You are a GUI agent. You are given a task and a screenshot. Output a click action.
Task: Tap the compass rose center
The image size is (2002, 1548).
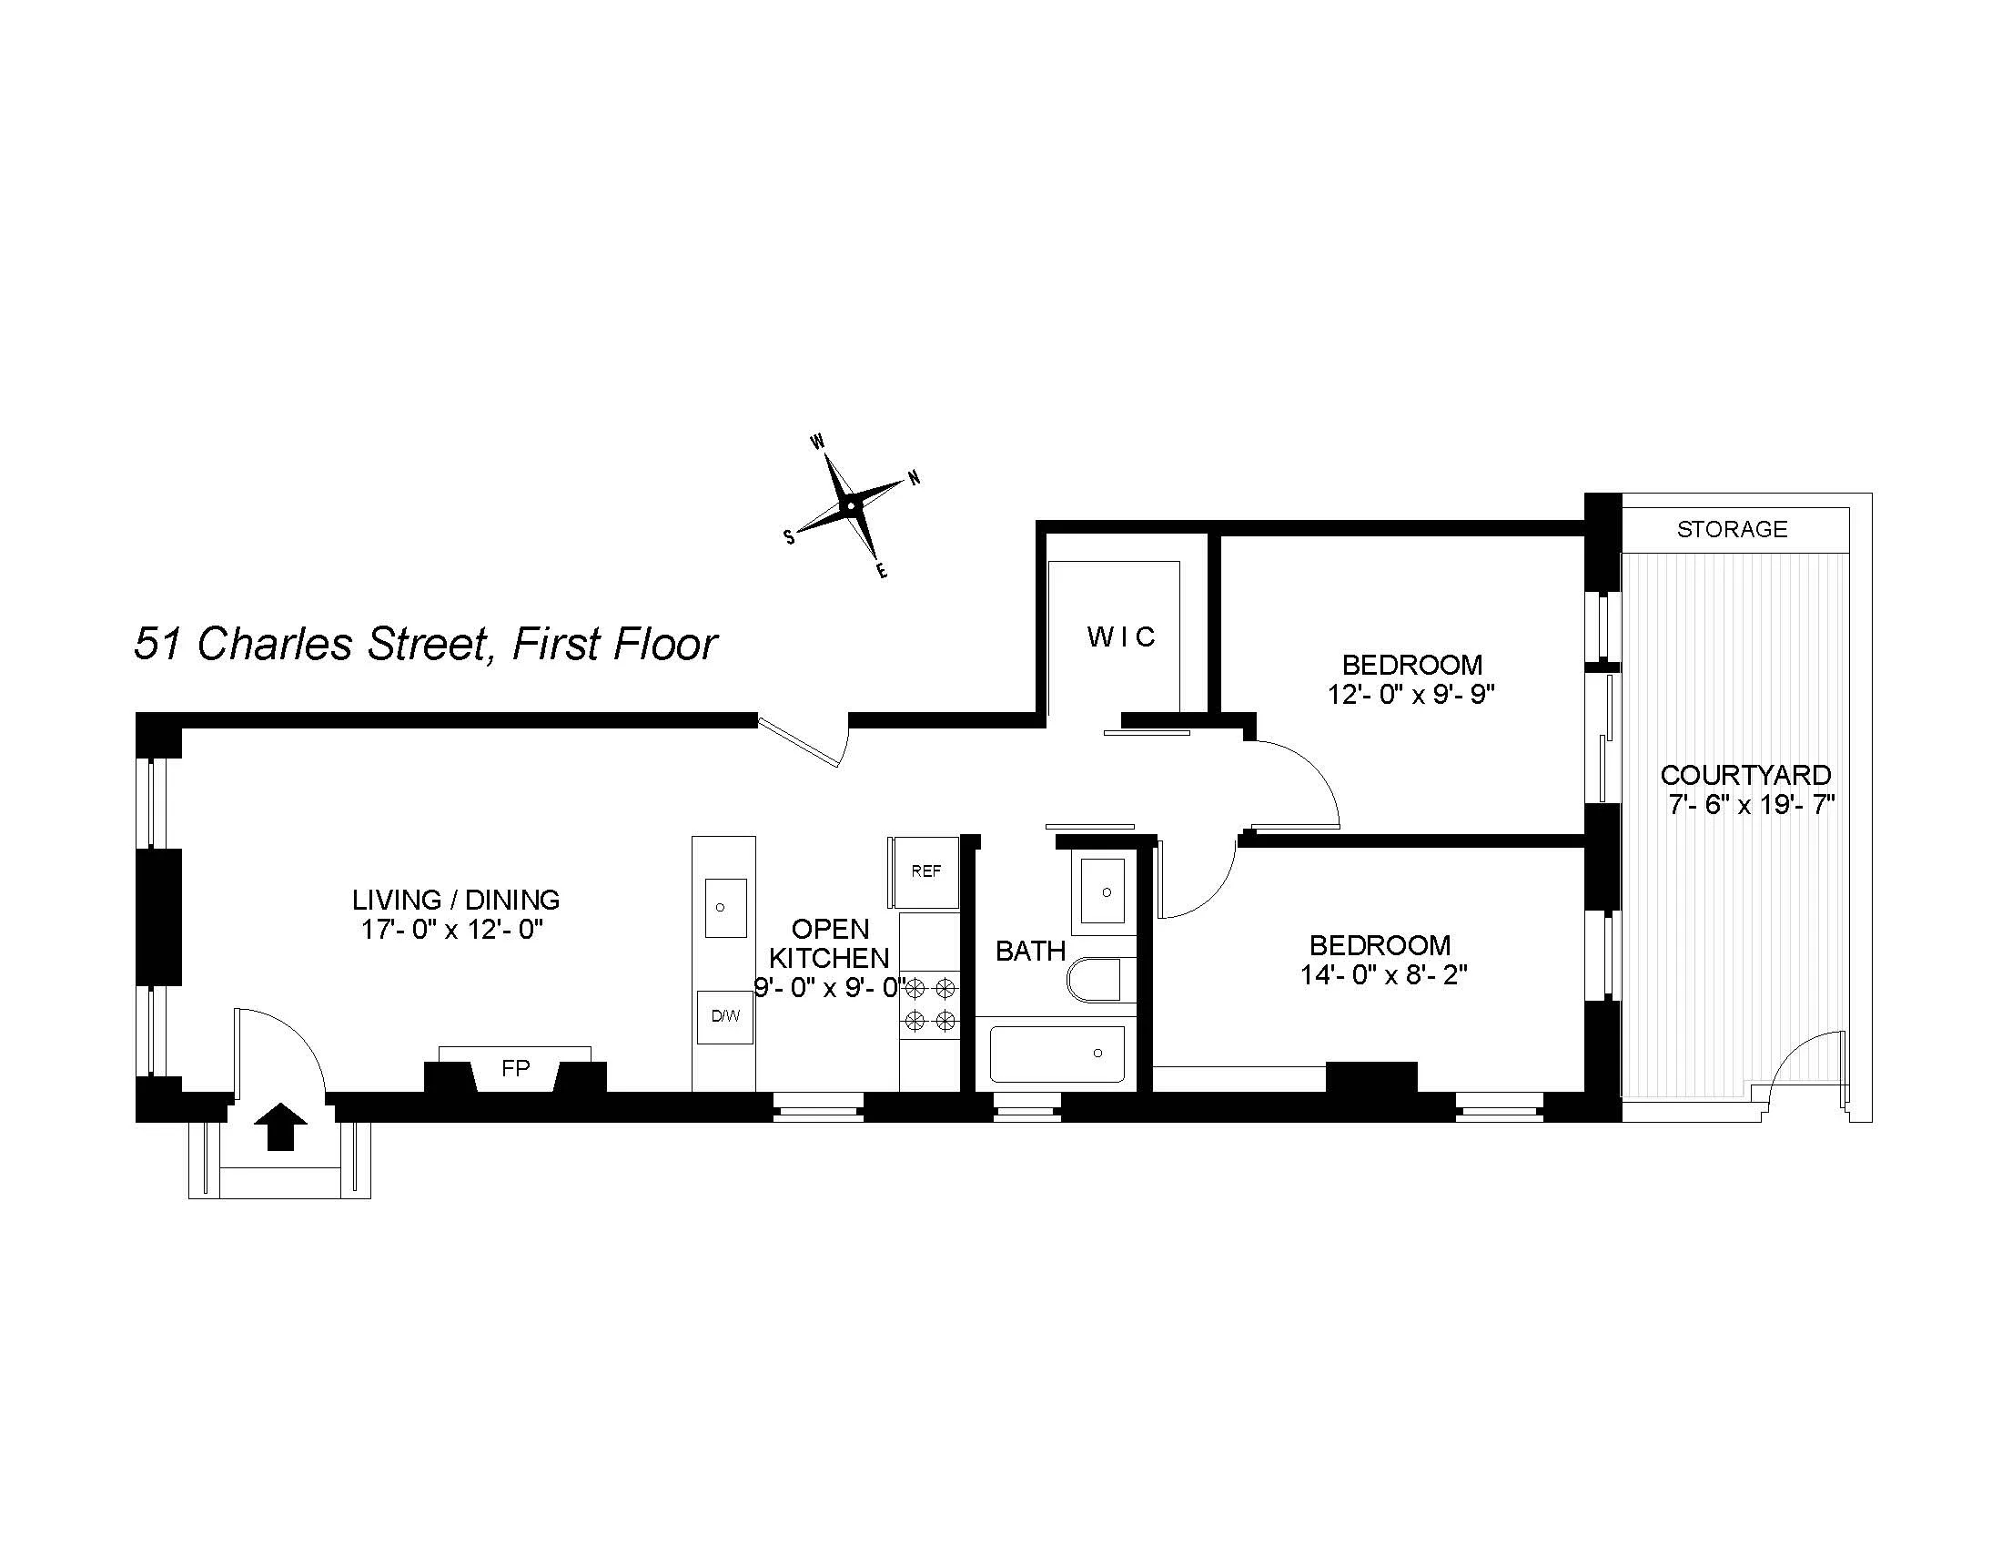point(852,505)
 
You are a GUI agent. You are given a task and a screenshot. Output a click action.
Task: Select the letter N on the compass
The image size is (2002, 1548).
point(914,478)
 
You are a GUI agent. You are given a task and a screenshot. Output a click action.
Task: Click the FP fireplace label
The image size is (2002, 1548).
point(516,1068)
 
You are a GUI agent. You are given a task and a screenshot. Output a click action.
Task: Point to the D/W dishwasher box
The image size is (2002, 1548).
point(725,1016)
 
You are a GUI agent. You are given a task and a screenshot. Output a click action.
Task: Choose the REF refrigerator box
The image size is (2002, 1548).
point(925,871)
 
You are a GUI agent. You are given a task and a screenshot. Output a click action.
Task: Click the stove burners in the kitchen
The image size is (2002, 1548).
point(930,1004)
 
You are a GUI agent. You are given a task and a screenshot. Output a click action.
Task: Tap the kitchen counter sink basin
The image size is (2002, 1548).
point(725,907)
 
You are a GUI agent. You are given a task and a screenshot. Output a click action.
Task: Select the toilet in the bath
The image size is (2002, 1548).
point(1095,981)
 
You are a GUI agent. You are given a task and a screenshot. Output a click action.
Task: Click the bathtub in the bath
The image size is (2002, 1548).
point(1057,1054)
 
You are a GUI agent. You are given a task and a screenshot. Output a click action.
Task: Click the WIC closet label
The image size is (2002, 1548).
point(1121,637)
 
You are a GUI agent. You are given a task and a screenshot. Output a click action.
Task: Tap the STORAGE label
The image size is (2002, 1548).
point(1732,529)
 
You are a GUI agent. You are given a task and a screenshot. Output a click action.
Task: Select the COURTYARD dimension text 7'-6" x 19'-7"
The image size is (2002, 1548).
point(1751,805)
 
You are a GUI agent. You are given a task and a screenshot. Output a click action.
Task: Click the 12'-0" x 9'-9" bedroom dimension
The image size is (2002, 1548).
point(1410,694)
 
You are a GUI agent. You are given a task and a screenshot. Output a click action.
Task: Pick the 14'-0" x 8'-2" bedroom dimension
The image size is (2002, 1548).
point(1383,975)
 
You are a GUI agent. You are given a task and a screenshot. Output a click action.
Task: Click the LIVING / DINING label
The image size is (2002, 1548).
point(456,899)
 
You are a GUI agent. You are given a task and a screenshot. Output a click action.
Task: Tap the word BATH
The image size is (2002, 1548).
point(1030,951)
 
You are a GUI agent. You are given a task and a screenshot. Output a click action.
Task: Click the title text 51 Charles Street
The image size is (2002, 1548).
point(308,644)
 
